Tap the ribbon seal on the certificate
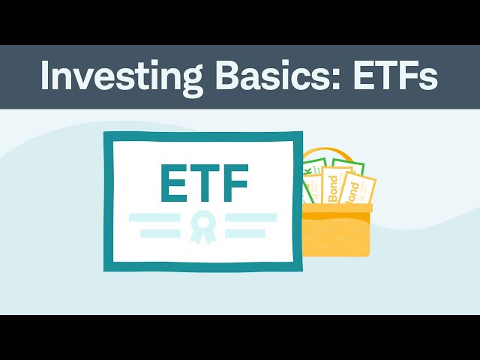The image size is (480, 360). point(202,226)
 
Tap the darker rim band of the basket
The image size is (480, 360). point(337,208)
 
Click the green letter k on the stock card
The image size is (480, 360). point(307,174)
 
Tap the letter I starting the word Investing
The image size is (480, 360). point(45,76)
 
